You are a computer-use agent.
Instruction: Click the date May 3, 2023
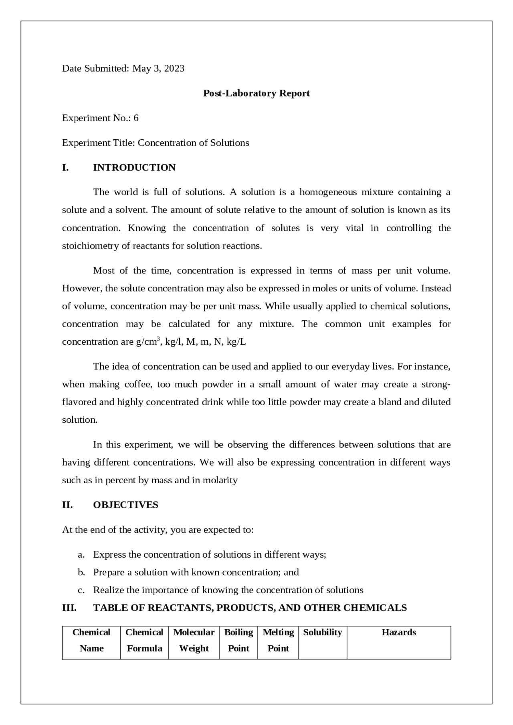tap(158, 68)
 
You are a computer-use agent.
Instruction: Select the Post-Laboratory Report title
tap(256, 93)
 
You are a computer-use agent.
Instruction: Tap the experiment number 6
tap(136, 118)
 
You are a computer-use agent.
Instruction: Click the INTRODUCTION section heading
tap(134, 168)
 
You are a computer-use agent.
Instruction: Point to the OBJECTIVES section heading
tap(125, 505)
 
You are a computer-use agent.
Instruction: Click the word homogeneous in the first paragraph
tap(328, 192)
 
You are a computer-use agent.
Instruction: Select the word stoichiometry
tap(90, 246)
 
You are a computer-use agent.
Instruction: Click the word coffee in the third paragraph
tap(138, 384)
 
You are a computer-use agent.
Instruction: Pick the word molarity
tap(220, 480)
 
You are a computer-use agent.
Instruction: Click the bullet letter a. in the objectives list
tap(81, 554)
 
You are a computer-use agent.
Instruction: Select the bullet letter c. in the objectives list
tap(81, 590)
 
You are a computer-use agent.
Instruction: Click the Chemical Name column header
tap(91, 640)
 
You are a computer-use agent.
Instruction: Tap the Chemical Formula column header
tap(144, 640)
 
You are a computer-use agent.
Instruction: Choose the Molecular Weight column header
tap(194, 640)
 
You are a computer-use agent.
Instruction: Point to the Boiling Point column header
tap(238, 640)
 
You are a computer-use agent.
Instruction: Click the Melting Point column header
tap(278, 640)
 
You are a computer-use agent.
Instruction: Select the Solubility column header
tap(323, 633)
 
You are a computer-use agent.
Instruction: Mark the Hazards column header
tap(399, 633)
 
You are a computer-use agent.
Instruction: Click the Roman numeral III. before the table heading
tap(69, 608)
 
